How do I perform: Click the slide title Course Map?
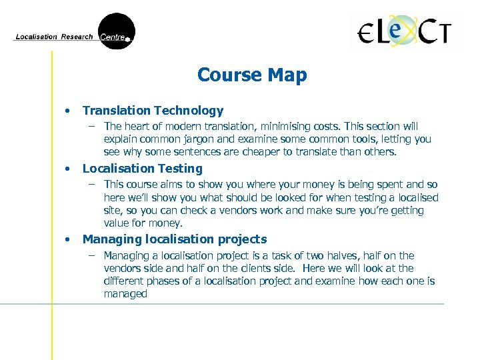click(252, 75)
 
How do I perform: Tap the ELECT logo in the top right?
click(405, 31)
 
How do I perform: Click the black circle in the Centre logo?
click(117, 31)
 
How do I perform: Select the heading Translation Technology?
click(153, 111)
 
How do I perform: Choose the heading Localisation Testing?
click(142, 169)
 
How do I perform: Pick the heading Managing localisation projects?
click(174, 239)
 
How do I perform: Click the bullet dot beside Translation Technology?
click(67, 111)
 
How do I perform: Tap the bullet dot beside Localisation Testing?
click(67, 169)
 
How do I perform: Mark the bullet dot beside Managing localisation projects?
click(67, 240)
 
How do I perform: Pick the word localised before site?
click(418, 197)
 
